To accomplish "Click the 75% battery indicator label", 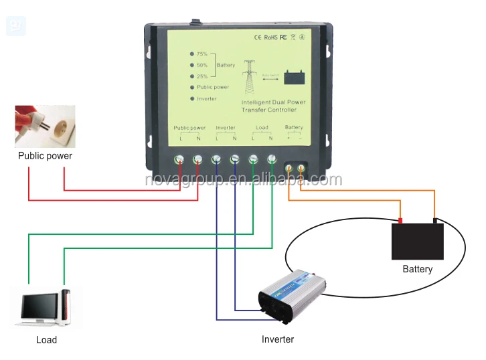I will pos(201,54).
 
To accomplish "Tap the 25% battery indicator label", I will pos(201,76).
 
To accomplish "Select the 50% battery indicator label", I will pos(201,65).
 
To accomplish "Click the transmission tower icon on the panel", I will pos(250,74).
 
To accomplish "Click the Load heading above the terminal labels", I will pos(262,127).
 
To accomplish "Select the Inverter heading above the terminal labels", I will pos(226,127).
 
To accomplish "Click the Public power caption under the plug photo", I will pos(45,156).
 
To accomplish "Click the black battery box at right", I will pos(417,241).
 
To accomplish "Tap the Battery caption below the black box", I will pos(417,269).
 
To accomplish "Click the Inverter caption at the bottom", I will pos(277,339).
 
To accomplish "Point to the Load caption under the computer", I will pos(46,339).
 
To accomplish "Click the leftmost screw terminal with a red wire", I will pos(179,160).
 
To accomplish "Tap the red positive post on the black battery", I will pos(400,220).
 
